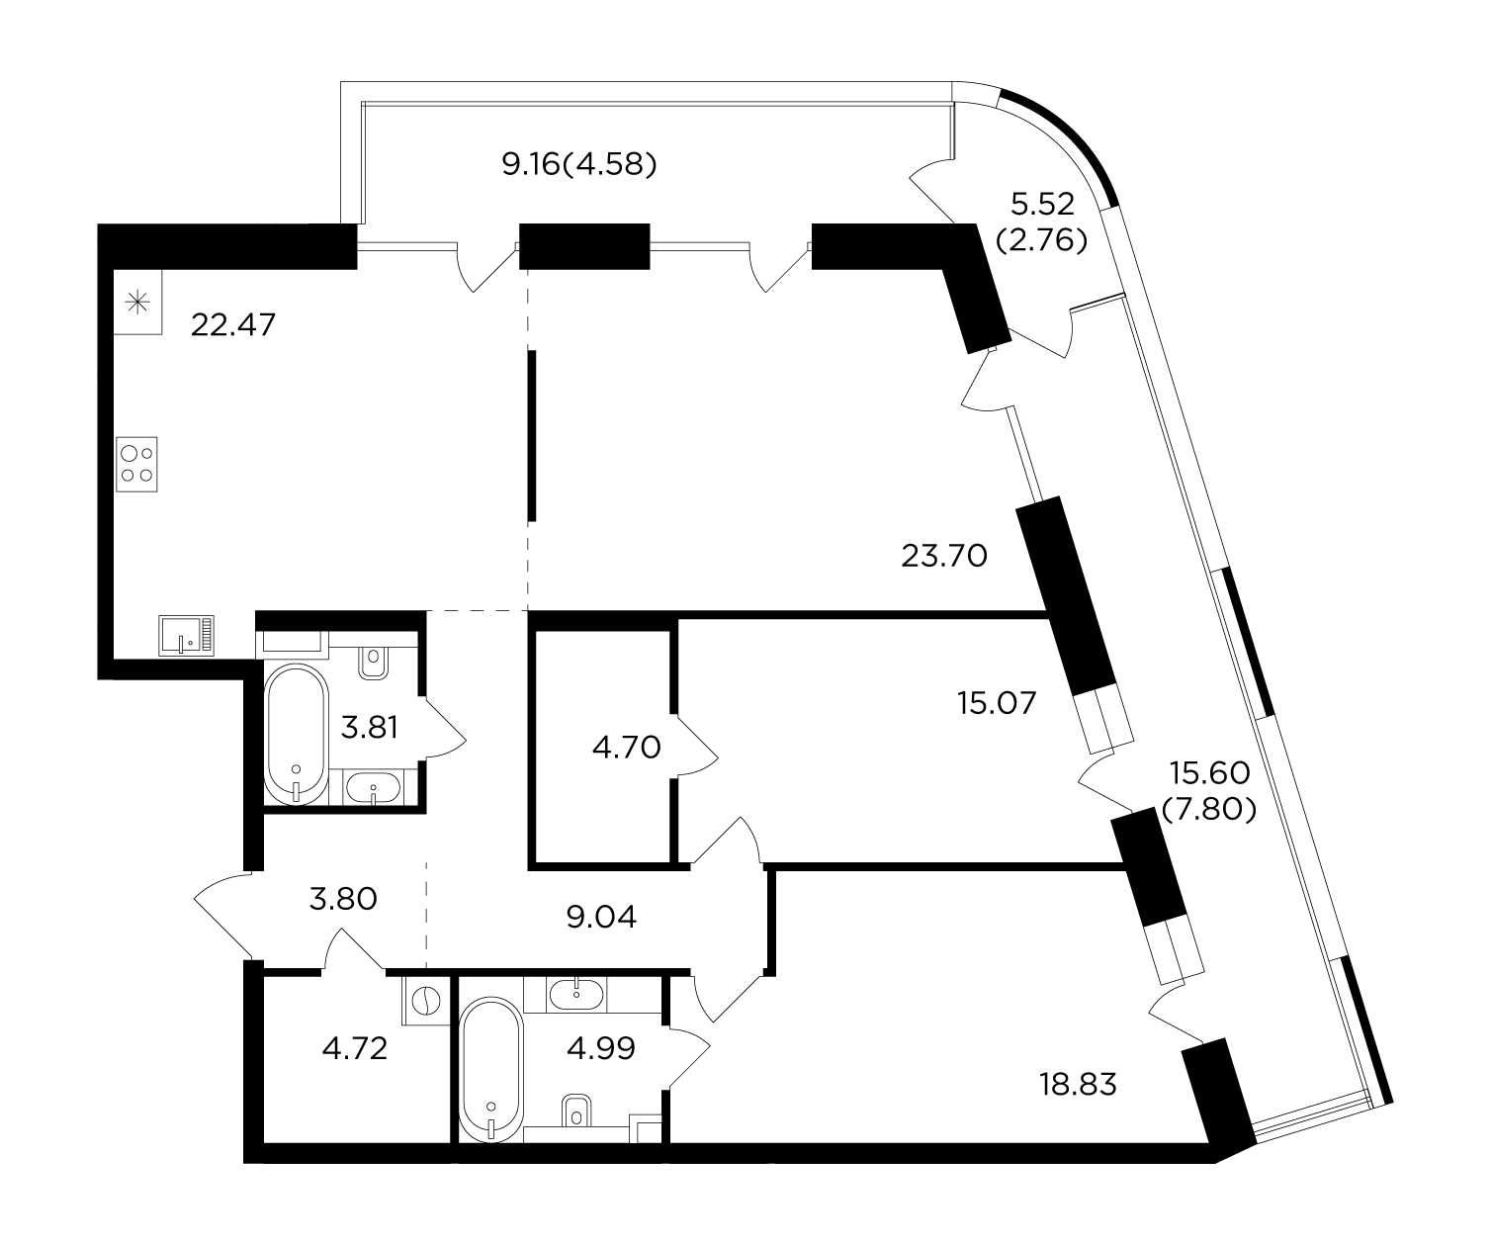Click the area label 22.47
tap(233, 325)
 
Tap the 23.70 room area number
tap(944, 556)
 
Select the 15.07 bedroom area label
tap(997, 703)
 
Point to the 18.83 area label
tap(1078, 1084)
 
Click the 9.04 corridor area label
tap(601, 917)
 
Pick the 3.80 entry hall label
tap(343, 898)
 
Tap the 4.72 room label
tap(354, 1048)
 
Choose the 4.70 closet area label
tap(627, 748)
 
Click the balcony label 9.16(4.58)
tap(578, 165)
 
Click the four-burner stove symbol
tap(137, 465)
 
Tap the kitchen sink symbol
tap(187, 636)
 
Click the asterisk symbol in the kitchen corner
tap(137, 303)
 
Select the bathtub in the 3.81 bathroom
tap(297, 735)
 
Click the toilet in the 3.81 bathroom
tap(373, 663)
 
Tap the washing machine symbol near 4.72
tap(426, 1001)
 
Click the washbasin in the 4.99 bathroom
tap(575, 994)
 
